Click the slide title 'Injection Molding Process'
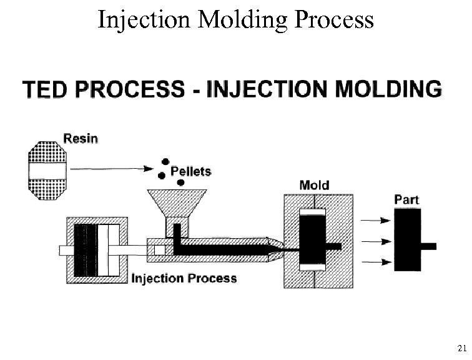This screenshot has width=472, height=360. click(236, 19)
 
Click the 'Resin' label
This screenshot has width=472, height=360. click(81, 138)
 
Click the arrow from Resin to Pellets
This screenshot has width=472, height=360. click(113, 168)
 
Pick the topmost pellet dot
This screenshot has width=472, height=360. click(166, 161)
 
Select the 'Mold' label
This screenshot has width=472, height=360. click(314, 185)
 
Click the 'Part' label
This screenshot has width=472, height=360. click(406, 200)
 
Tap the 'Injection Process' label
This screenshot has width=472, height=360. click(184, 277)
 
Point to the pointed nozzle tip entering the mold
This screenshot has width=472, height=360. click(278, 246)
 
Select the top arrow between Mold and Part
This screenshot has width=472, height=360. click(373, 221)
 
